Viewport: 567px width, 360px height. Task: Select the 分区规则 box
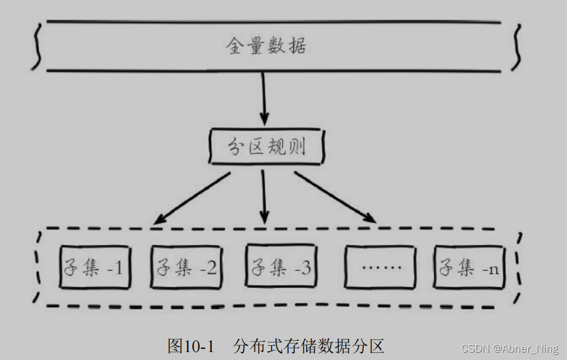click(267, 148)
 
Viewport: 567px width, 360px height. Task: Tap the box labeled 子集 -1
click(95, 267)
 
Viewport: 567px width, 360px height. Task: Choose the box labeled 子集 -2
click(184, 267)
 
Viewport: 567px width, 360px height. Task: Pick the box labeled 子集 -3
click(279, 267)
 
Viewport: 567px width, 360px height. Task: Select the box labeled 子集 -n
click(469, 267)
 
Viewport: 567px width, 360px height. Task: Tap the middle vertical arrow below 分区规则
click(263, 196)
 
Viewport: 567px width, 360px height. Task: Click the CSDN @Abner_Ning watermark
click(510, 348)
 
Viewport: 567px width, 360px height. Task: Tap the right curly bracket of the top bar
click(516, 47)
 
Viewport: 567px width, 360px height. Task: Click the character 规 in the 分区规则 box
click(279, 148)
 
